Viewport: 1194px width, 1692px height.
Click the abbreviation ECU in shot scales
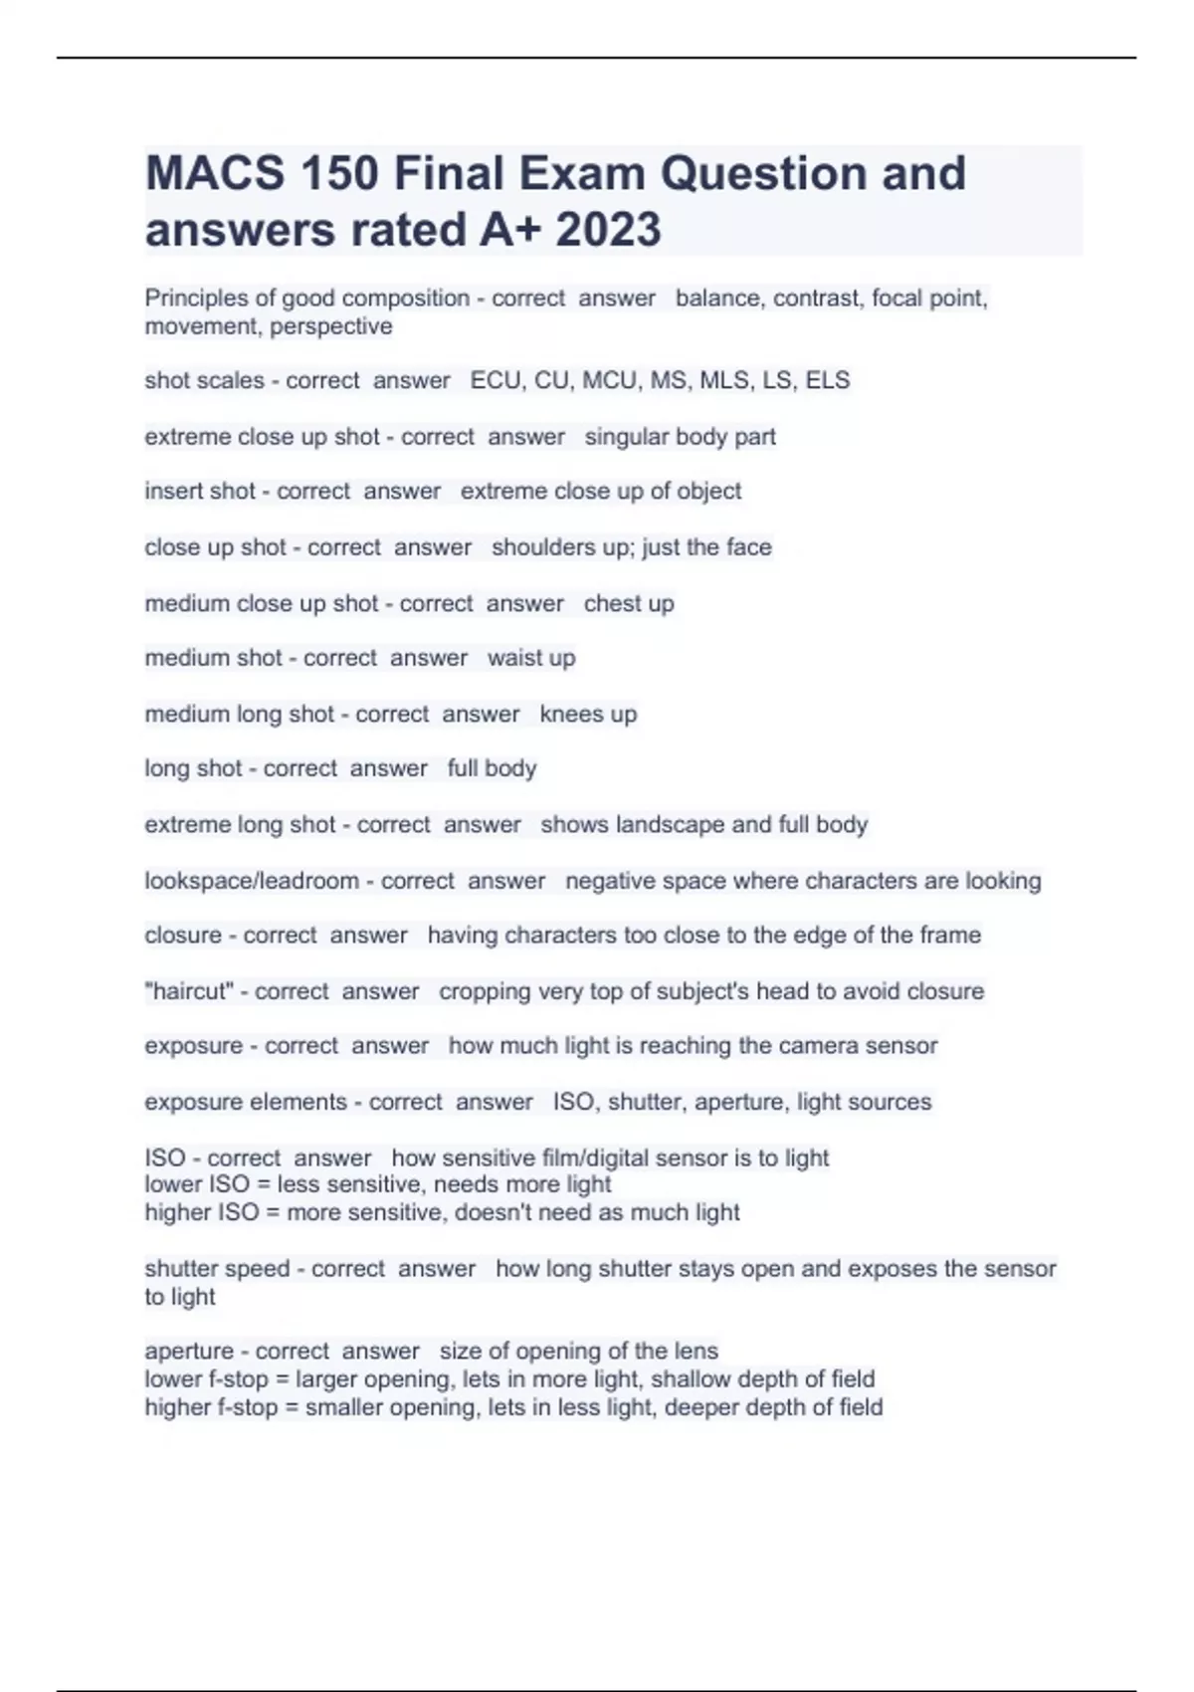tap(496, 380)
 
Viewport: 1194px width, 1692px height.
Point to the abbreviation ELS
tap(828, 380)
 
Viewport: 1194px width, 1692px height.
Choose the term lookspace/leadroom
tap(252, 881)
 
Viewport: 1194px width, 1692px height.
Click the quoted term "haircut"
tap(188, 991)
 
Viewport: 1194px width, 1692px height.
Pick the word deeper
tap(704, 1407)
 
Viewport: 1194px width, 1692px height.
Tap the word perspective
tap(331, 326)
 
